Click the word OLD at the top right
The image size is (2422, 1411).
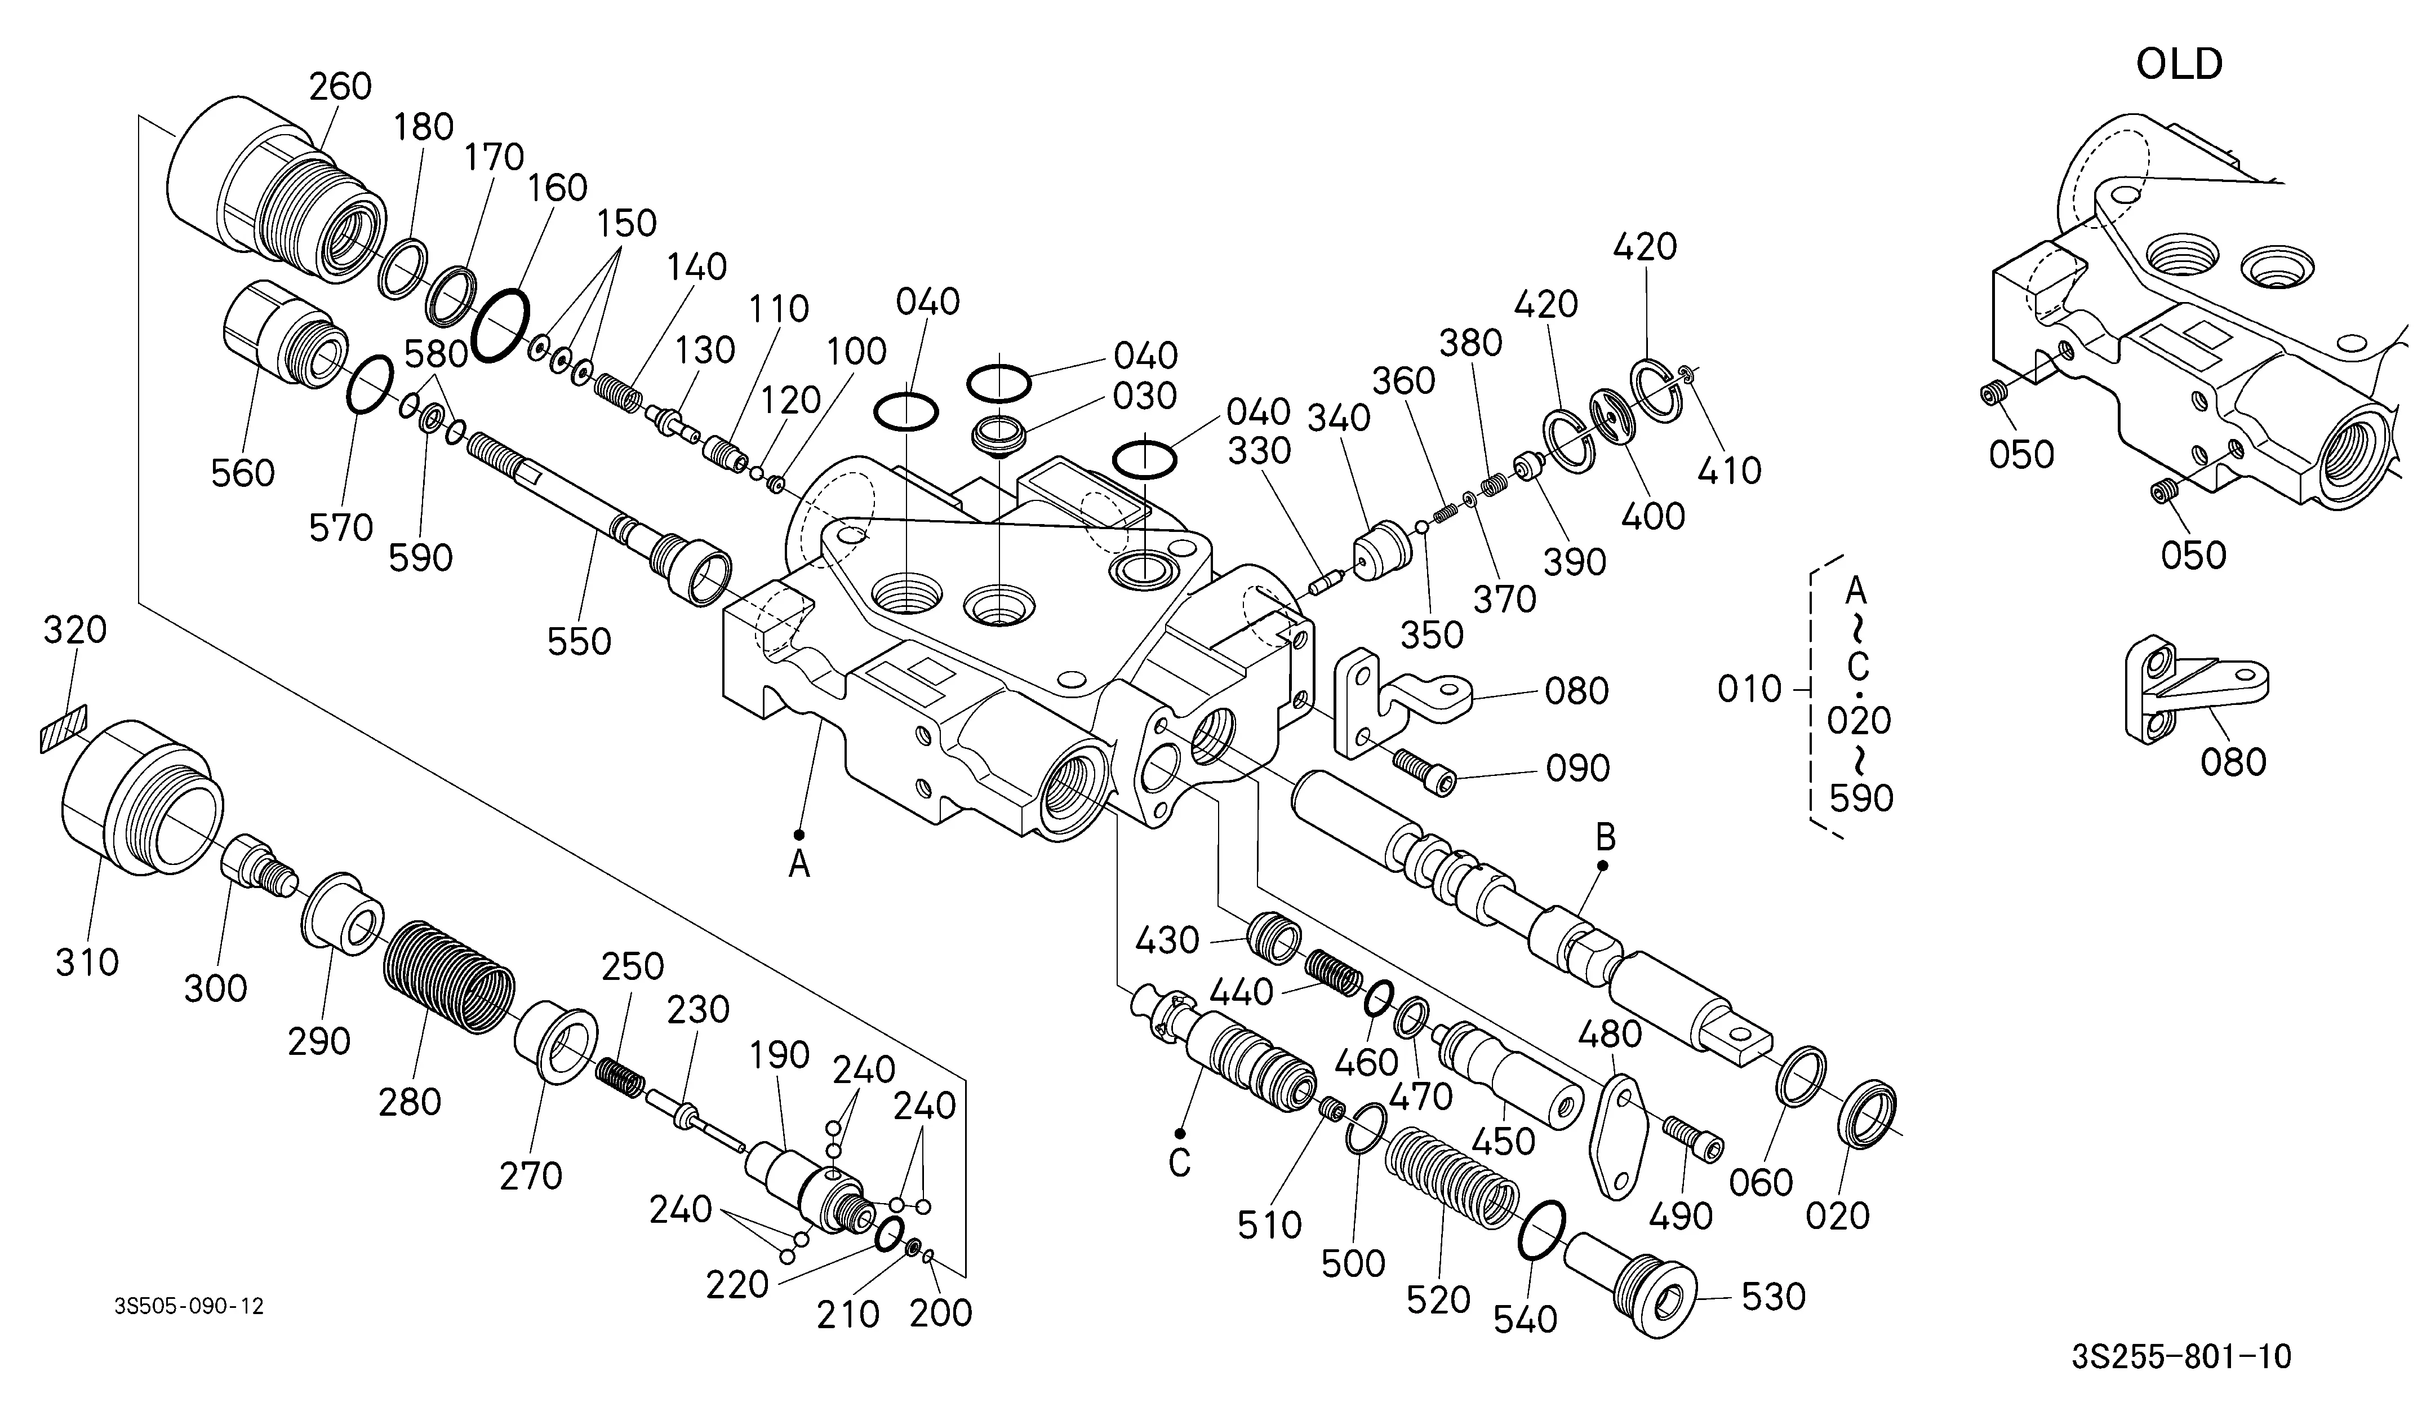[x=2179, y=64]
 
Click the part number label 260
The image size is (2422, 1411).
[x=340, y=87]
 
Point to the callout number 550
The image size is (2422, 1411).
[x=580, y=641]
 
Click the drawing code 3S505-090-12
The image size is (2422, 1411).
[x=189, y=1306]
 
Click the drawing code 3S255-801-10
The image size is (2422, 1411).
[x=2182, y=1357]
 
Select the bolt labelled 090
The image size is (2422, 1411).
[x=1424, y=772]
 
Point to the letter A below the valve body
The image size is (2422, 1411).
[x=799, y=866]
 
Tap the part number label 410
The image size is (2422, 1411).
[x=1729, y=470]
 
